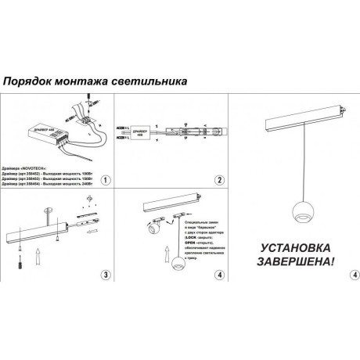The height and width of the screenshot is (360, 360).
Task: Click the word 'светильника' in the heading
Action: coord(153,81)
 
